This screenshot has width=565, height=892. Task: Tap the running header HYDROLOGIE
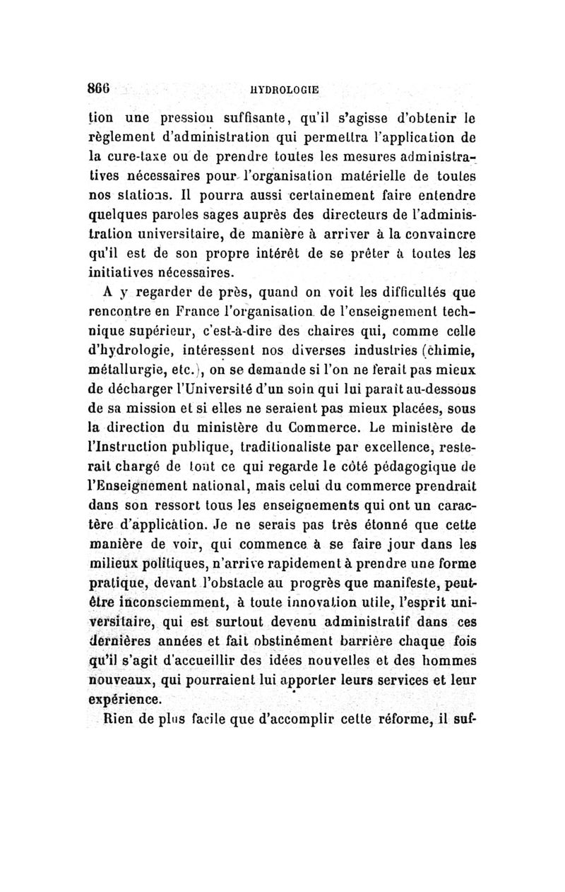pos(285,90)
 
